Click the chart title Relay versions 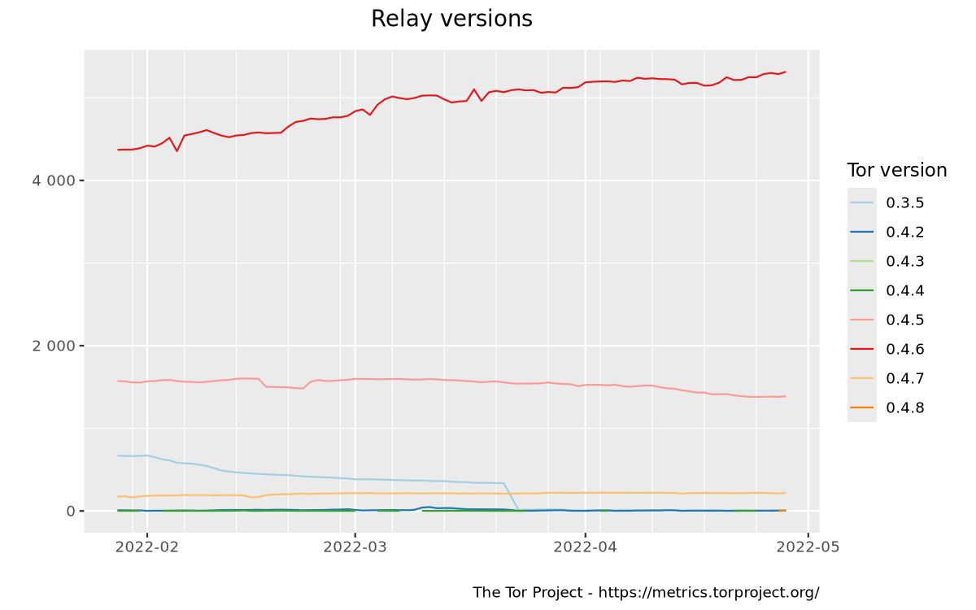click(451, 19)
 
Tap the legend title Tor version click(896, 171)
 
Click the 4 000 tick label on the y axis click(53, 181)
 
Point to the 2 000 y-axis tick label click(53, 346)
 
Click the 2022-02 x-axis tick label click(147, 547)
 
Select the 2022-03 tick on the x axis click(355, 547)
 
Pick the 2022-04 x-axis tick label click(585, 547)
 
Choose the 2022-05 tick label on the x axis click(808, 547)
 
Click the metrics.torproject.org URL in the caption click(708, 593)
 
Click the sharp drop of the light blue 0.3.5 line click(512, 497)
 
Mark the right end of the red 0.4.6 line click(785, 72)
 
